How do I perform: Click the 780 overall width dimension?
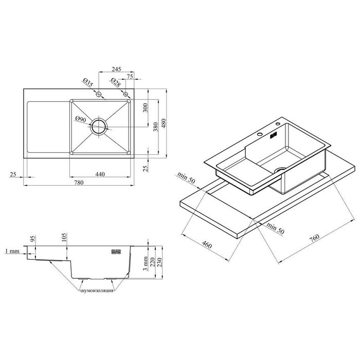[x=79, y=183]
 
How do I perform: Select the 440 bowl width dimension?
[x=100, y=174]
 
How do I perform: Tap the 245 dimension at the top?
[x=116, y=69]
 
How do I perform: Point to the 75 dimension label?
[x=130, y=77]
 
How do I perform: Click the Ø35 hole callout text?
[x=88, y=82]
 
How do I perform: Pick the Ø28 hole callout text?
[x=116, y=82]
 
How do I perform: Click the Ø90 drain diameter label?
[x=81, y=119]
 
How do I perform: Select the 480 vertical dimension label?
[x=164, y=123]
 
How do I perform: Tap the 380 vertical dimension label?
[x=155, y=127]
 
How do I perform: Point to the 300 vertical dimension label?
[x=146, y=107]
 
